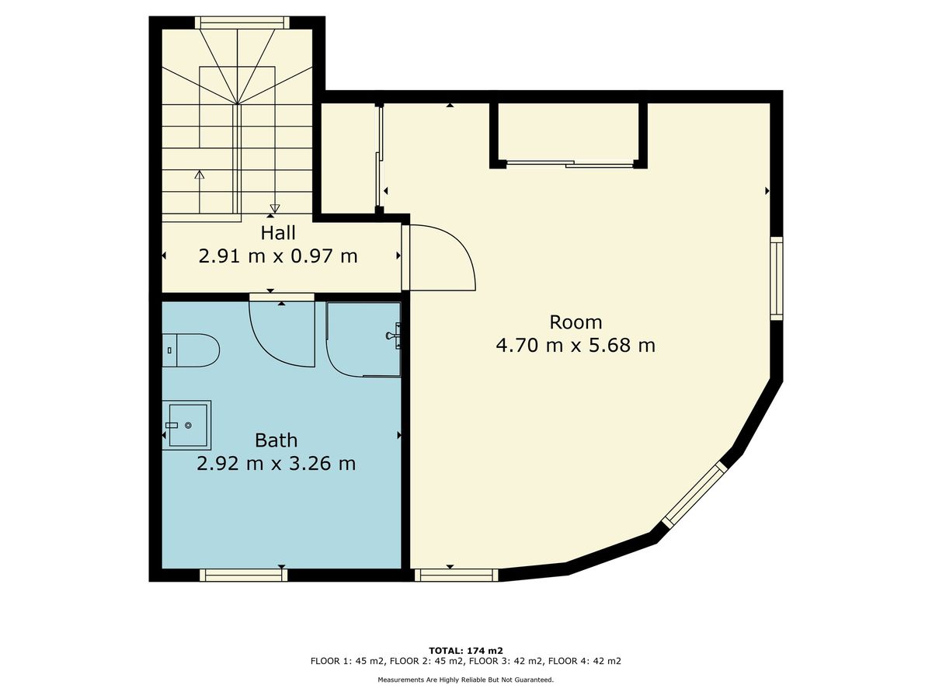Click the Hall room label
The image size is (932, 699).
(278, 233)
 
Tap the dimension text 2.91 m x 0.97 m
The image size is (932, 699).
(278, 256)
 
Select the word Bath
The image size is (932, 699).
(276, 440)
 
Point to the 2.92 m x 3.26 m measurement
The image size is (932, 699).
(276, 464)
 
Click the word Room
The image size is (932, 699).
(576, 322)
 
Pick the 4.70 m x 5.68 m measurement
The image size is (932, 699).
(576, 346)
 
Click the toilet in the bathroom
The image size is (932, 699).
(190, 350)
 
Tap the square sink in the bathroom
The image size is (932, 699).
(187, 425)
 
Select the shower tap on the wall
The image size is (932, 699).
(394, 336)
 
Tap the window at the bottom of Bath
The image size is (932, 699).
(243, 575)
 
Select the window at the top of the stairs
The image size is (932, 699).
(242, 23)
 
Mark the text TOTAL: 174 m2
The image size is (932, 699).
(466, 651)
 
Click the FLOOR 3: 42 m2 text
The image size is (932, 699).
(506, 661)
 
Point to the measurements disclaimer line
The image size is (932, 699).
(466, 680)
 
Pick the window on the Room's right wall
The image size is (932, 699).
(777, 278)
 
